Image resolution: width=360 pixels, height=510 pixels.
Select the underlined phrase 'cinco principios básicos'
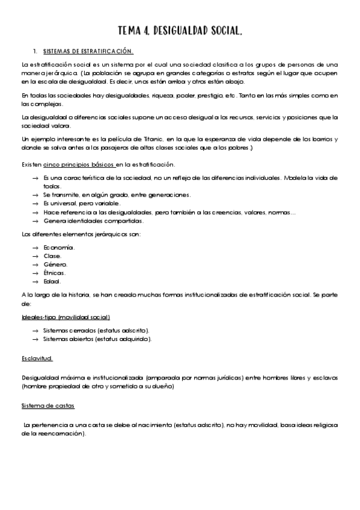pos(79,164)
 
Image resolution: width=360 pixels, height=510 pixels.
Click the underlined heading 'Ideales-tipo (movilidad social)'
pos(66,317)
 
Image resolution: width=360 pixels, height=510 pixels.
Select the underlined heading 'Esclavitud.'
pos(37,358)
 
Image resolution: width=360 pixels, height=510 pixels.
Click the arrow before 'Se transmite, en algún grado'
pos(35,195)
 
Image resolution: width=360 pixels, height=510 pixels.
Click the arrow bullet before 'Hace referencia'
pos(35,212)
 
